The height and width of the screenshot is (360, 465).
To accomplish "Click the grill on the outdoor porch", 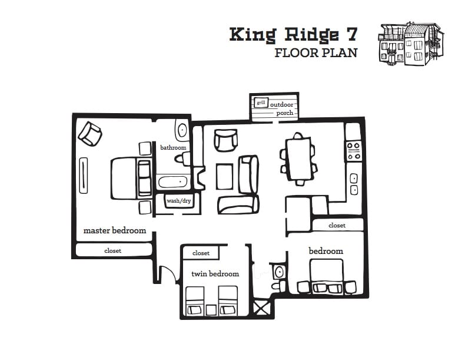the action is click(261, 103).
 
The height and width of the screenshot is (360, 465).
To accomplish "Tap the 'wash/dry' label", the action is click(178, 201).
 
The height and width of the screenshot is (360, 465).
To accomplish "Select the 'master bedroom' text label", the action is click(115, 230).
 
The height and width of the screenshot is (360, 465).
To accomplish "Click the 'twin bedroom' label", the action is click(215, 273).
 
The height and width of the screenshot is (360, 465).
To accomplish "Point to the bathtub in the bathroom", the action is click(172, 182).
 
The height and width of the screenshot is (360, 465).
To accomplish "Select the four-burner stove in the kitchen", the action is click(354, 151).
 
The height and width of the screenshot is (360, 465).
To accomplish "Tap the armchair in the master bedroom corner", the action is click(90, 134).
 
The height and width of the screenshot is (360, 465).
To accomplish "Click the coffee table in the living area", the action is click(224, 176).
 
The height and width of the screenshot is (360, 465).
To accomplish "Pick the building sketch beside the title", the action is click(411, 44).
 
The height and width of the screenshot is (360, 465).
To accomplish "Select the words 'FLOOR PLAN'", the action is click(316, 53).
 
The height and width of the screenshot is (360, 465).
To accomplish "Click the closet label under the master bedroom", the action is click(112, 251).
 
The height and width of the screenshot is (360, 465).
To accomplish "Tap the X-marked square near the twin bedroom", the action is click(261, 308).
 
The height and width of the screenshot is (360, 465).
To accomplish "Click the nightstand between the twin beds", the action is click(211, 310).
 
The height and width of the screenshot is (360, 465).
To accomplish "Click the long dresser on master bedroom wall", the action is click(84, 176).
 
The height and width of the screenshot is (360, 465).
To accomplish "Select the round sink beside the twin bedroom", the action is click(278, 272).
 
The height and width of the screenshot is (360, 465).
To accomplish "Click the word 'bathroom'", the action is click(173, 147).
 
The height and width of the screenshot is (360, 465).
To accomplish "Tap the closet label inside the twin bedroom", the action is click(201, 253).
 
